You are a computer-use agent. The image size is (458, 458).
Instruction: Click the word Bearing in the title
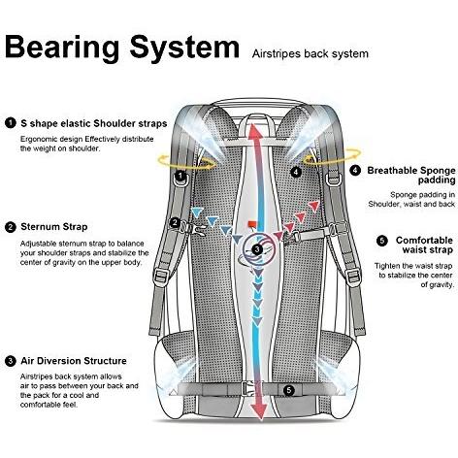(x=62, y=48)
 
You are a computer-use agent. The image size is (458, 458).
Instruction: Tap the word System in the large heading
(x=184, y=47)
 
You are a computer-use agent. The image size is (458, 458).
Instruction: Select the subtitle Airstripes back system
(x=311, y=53)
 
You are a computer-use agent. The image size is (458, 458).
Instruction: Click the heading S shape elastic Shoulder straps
(x=94, y=123)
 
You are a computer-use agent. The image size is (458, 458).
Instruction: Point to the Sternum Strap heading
(x=54, y=227)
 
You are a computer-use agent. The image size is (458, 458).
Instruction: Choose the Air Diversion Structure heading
(x=74, y=361)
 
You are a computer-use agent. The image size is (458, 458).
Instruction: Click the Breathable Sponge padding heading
(x=411, y=175)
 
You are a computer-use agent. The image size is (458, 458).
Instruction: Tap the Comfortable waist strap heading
(x=424, y=245)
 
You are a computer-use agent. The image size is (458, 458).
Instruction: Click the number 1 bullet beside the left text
(x=11, y=123)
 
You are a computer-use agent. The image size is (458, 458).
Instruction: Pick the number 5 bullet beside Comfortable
(x=382, y=241)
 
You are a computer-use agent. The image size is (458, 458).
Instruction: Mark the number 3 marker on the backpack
(x=257, y=249)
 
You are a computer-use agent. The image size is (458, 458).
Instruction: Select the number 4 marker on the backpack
(x=296, y=172)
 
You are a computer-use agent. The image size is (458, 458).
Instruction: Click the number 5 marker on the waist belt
(x=289, y=390)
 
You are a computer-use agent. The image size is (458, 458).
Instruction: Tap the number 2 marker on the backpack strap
(x=175, y=222)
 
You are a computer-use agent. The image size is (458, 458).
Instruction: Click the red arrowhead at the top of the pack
(x=257, y=129)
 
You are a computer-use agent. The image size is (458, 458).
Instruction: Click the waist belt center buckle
(x=247, y=389)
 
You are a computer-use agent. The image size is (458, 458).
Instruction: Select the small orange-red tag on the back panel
(x=252, y=224)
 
